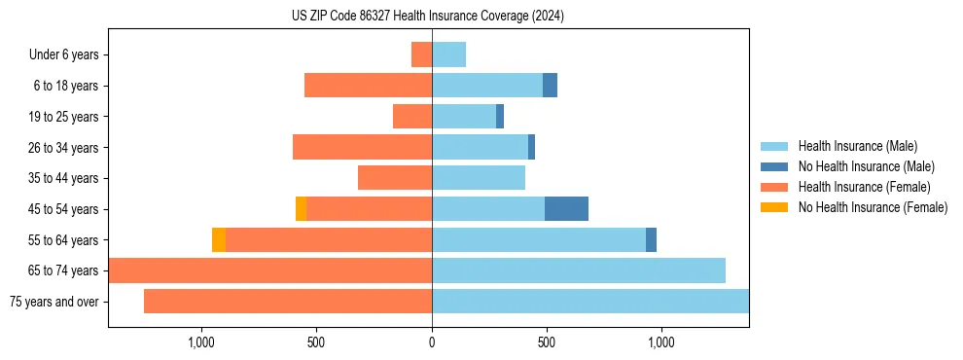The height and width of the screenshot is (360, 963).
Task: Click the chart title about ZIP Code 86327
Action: click(x=428, y=16)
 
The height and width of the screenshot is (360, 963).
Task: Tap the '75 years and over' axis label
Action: click(x=54, y=302)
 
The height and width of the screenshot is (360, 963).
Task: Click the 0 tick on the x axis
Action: click(x=432, y=342)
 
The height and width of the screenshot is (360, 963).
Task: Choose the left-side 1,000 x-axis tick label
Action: click(x=200, y=342)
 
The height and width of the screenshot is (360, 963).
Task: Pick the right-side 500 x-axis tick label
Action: click(x=547, y=342)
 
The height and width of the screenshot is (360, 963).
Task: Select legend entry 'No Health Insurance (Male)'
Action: click(x=860, y=166)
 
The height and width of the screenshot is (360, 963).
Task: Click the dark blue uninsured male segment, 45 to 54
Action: click(x=566, y=208)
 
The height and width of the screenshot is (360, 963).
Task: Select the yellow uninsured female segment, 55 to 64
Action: click(x=219, y=239)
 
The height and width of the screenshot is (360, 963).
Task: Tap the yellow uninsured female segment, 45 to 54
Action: click(x=301, y=208)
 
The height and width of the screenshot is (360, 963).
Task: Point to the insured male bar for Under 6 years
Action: click(x=448, y=54)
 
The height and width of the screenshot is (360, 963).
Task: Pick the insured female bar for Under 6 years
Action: click(x=421, y=54)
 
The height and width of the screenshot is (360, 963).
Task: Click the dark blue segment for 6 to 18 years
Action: click(x=550, y=86)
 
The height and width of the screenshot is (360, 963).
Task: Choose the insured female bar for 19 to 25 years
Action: click(x=412, y=117)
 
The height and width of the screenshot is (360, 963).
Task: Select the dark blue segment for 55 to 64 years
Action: click(x=651, y=239)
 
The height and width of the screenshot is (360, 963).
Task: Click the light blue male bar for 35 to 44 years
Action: click(x=479, y=178)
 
